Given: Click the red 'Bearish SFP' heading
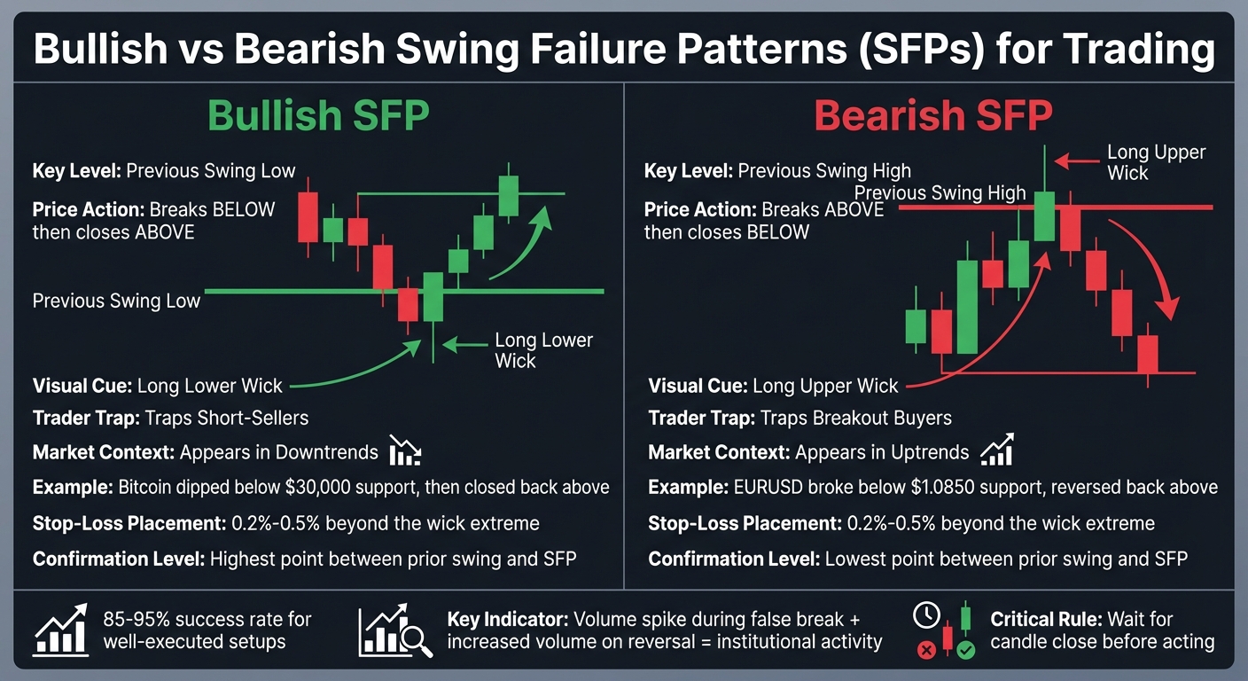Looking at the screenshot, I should (933, 117).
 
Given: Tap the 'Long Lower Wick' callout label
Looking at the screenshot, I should (543, 350).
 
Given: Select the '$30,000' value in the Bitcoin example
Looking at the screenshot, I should (307, 487).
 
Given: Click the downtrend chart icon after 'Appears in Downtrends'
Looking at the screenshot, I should (405, 452).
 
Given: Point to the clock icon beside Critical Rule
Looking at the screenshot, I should (925, 614).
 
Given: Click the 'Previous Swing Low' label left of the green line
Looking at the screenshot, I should (116, 301).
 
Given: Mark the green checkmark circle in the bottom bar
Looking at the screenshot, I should (965, 651).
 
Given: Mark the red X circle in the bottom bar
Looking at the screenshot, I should (926, 651).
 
